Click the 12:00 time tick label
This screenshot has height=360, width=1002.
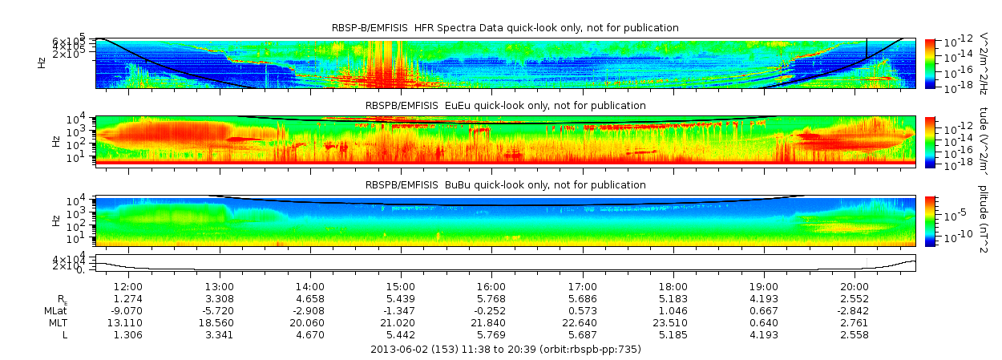pos(128,286)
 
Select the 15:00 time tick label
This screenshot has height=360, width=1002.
pos(401,286)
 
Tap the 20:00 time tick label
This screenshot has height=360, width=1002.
pos(855,286)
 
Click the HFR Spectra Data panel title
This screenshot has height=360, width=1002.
pos(505,28)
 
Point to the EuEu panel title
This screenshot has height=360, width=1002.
pos(505,105)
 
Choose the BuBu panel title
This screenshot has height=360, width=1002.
pos(505,184)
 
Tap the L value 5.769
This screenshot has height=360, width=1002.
pos(491,334)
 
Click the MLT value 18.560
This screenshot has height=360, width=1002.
pos(219,322)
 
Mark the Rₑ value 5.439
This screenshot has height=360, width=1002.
pos(401,298)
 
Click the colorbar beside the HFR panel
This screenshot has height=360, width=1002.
pos(930,63)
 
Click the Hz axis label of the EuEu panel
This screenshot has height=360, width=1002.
pos(55,140)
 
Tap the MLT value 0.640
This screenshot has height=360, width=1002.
pos(764,322)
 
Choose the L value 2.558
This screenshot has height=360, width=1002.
pos(855,334)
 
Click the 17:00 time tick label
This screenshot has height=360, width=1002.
pos(582,286)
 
